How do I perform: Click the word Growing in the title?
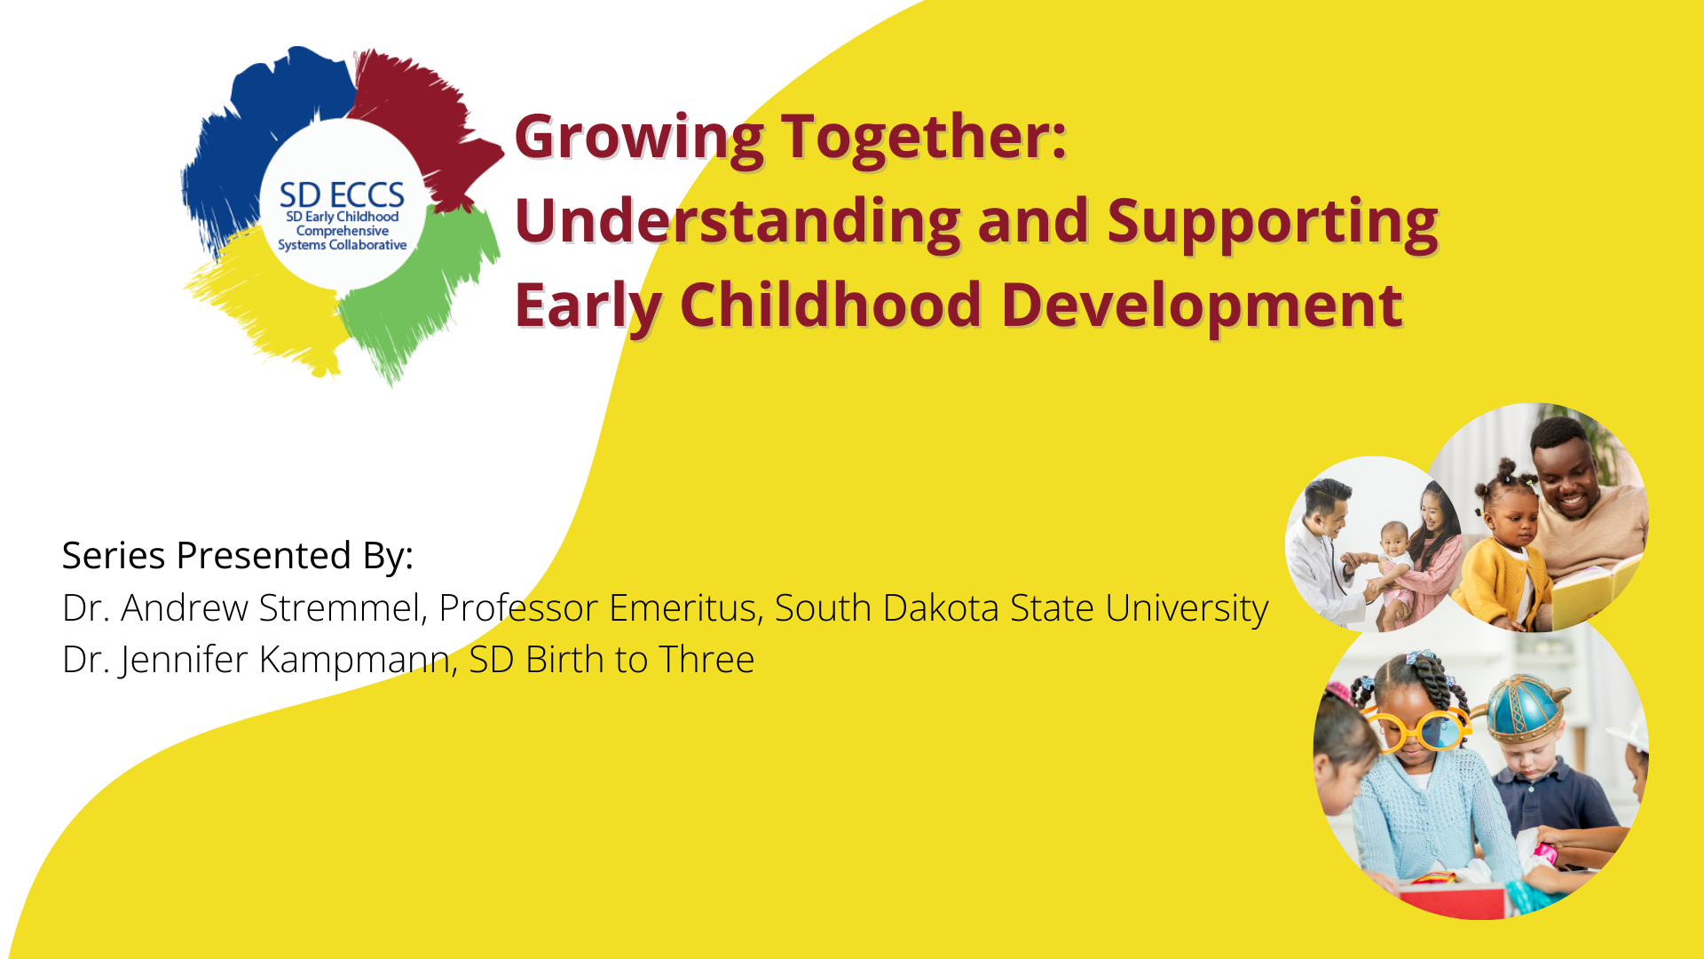[x=639, y=139]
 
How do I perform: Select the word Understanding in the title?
[x=738, y=222]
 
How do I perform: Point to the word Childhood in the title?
[x=831, y=305]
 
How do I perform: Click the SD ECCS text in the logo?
[x=342, y=195]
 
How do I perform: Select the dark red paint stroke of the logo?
[x=426, y=115]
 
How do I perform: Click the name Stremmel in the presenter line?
[x=343, y=608]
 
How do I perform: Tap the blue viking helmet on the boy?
[x=1525, y=709]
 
